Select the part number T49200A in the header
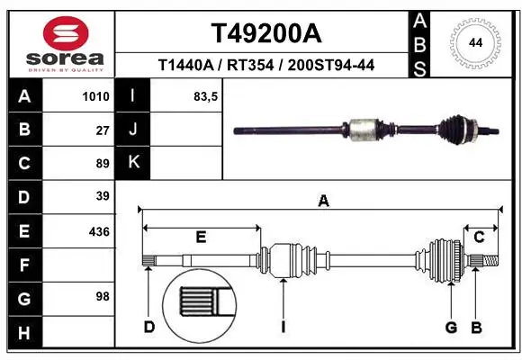point(265,33)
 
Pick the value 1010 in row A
point(95,97)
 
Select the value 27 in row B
point(102,130)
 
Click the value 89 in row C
point(102,163)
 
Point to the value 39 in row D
point(102,196)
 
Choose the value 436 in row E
point(99,231)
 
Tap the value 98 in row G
point(102,296)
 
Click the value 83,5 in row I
point(206,97)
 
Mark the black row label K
point(134,163)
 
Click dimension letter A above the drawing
point(322,202)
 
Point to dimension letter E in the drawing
point(201,237)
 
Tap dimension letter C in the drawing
point(480,237)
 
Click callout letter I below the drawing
point(283,327)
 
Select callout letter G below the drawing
point(451,327)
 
